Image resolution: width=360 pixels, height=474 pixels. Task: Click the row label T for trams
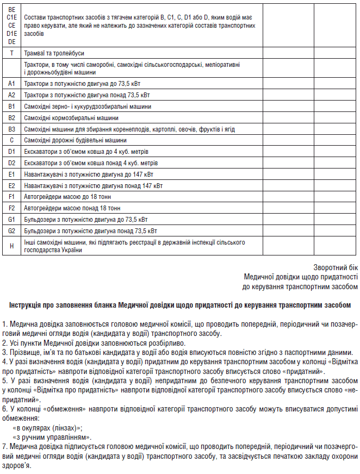[11, 53]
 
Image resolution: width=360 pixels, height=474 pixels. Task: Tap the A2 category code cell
[11, 95]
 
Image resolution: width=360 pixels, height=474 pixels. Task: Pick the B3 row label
[11, 129]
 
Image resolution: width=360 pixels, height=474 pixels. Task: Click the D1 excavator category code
[11, 151]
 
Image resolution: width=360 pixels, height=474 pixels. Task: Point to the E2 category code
[11, 185]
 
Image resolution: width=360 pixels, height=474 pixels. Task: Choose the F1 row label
[11, 197]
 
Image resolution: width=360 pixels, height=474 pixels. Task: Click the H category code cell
[11, 246]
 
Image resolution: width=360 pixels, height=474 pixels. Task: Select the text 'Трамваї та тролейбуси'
[54, 53]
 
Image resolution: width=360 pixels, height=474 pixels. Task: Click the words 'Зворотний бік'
[336, 267]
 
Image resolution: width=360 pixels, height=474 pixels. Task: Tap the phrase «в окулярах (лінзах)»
[47, 428]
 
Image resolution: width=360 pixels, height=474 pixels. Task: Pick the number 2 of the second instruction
[4, 342]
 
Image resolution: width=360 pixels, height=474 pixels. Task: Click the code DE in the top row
[11, 40]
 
